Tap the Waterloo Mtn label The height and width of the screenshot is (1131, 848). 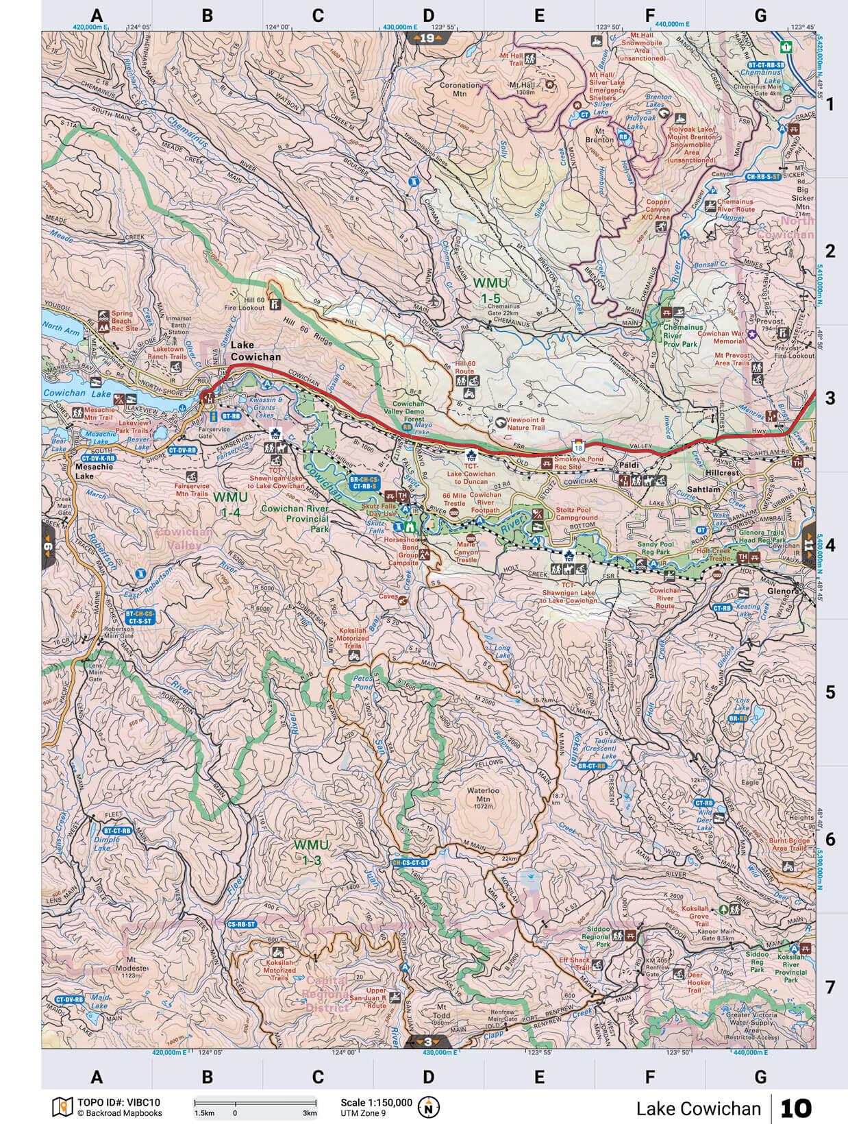(x=480, y=794)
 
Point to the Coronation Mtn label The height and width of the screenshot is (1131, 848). (x=460, y=89)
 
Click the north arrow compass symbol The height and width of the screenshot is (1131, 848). (x=429, y=1106)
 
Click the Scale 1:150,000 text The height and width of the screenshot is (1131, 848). (x=376, y=1102)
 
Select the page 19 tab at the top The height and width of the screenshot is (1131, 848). (x=427, y=38)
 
